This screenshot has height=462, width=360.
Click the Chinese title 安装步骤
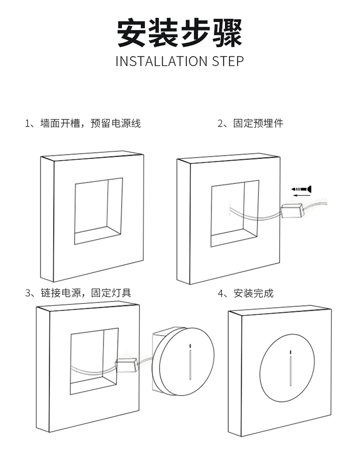click(180, 33)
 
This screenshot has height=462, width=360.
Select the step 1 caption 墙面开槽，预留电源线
click(83, 123)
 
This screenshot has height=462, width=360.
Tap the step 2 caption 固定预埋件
click(251, 123)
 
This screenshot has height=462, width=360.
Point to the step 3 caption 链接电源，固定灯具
click(79, 293)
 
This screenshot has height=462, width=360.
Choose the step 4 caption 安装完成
click(247, 293)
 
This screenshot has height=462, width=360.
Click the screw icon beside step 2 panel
click(301, 188)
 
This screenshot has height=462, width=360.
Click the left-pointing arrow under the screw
click(299, 195)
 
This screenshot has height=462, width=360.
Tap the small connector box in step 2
click(292, 211)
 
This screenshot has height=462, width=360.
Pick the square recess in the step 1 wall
click(98, 211)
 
